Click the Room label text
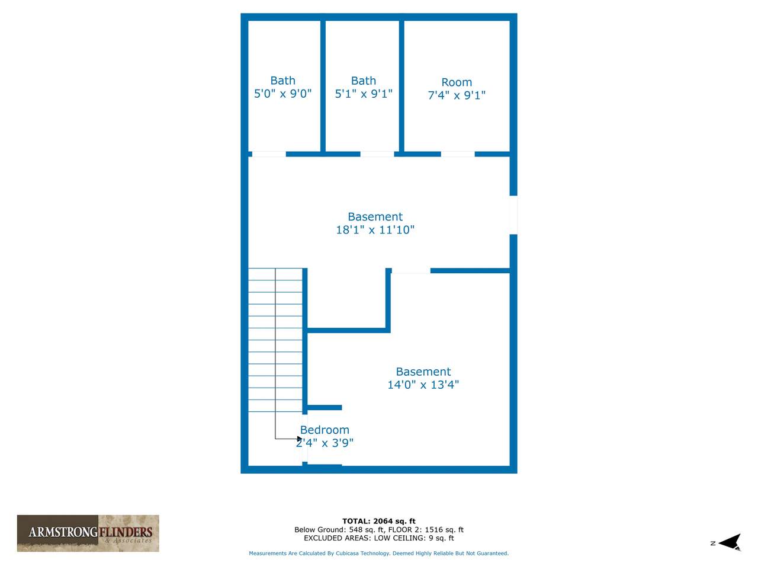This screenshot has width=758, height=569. coord(457,82)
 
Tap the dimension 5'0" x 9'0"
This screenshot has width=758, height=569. coord(283,94)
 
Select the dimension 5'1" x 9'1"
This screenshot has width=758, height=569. coord(364,94)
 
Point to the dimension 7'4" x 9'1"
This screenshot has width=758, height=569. coord(457,95)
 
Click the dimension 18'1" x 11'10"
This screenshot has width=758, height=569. coord(375,229)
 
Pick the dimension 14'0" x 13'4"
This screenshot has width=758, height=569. coord(423,385)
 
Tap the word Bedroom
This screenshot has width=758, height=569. coord(325,430)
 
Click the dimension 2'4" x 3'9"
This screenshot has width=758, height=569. coord(325,443)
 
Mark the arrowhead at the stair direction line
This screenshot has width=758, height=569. coord(300,439)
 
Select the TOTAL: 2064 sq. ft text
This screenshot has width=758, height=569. coord(379,521)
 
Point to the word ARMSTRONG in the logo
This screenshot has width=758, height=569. coord(63,532)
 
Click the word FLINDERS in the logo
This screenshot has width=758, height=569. coord(126,532)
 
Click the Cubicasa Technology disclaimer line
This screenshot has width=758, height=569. coord(379,553)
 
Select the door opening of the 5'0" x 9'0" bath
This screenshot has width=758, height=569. coord(269,154)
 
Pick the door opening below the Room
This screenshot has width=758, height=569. coord(458,154)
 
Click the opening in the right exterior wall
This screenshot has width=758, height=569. coord(513,215)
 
